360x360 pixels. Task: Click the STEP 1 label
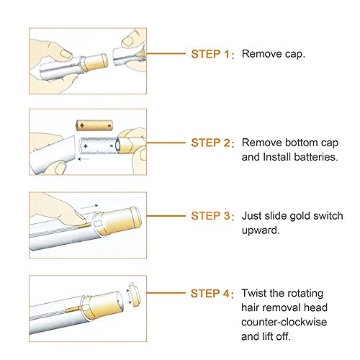coord(210,54)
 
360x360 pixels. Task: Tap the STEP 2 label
coord(210,143)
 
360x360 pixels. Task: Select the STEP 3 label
coord(210,216)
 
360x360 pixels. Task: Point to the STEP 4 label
coord(210,293)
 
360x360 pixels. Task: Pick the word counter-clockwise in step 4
coord(284,322)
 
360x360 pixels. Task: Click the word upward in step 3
coord(261,230)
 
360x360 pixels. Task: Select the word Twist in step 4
coord(254,293)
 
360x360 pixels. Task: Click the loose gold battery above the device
coord(94,125)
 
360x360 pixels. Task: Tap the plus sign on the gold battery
coord(82,125)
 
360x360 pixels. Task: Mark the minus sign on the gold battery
coord(109,125)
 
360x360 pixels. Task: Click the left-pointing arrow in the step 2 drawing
coord(84,159)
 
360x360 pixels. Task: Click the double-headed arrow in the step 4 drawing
coord(130,297)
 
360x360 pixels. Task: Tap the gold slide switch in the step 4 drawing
coord(74,309)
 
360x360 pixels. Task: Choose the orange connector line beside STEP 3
coord(166,216)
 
